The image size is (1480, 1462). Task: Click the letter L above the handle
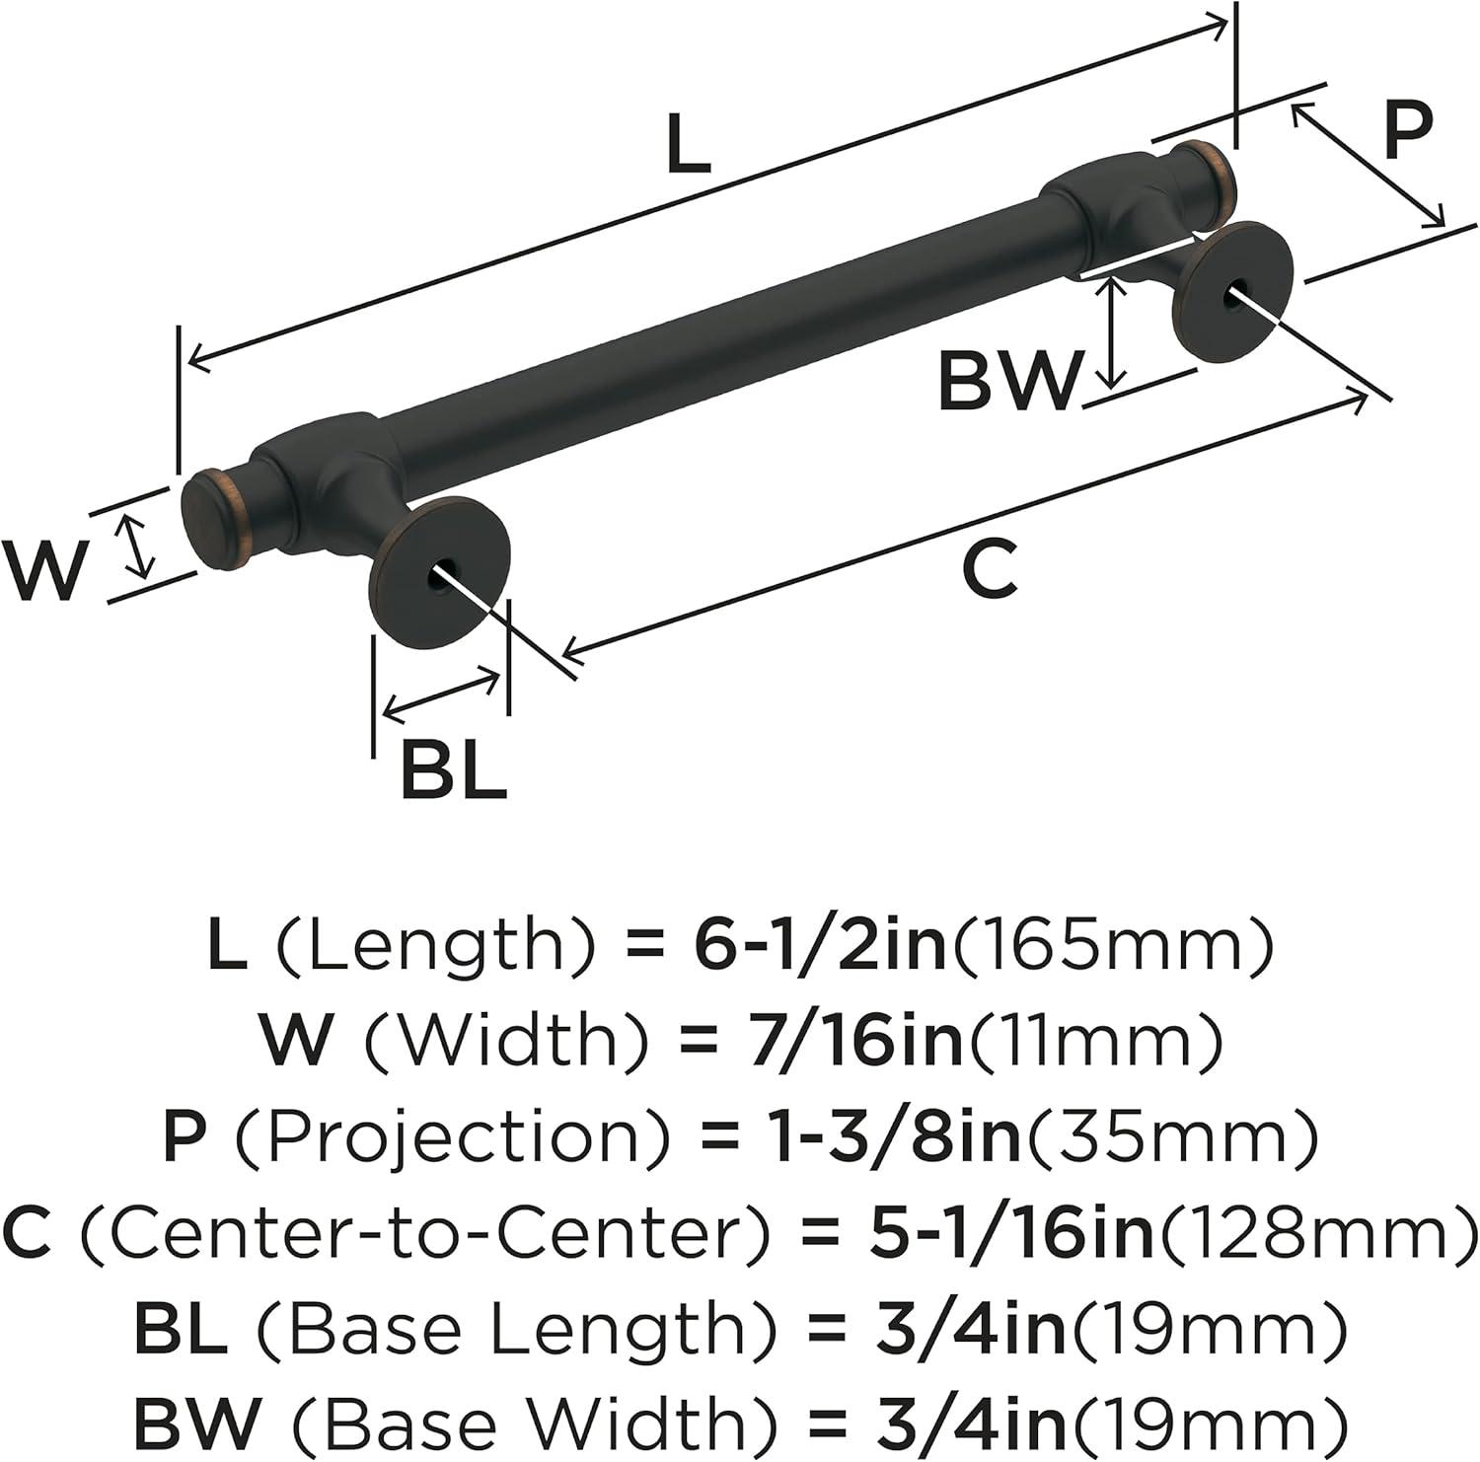coord(688,144)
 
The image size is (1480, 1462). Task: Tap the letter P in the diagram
coord(1406,132)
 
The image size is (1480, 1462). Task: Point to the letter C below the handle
coord(990,570)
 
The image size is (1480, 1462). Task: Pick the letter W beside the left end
coord(45,572)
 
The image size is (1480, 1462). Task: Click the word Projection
coord(453,1136)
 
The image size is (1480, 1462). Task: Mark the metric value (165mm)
coord(1110,945)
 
